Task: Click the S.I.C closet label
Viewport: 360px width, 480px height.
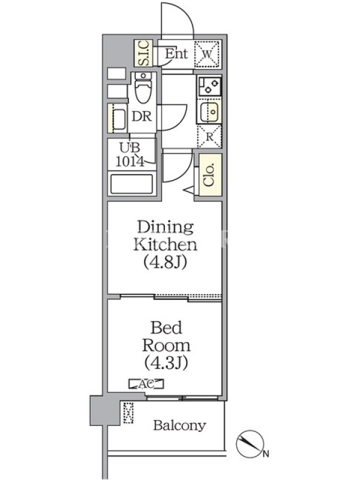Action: click(x=143, y=53)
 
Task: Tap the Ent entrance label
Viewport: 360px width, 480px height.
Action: click(x=176, y=53)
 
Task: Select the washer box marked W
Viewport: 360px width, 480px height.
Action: click(x=208, y=54)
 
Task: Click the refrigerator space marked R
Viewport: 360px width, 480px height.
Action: click(x=209, y=137)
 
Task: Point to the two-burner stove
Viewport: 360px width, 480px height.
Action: click(x=209, y=86)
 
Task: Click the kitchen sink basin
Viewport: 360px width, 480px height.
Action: click(x=209, y=112)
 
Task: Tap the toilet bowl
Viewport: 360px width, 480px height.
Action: click(x=143, y=88)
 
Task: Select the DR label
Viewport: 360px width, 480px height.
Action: click(x=142, y=116)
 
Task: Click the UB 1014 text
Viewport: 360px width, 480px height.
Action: click(x=130, y=155)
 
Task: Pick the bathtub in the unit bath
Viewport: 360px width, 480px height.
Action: click(x=131, y=184)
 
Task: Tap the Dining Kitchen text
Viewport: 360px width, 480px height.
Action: click(x=166, y=235)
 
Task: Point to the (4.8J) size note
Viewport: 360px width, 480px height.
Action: click(x=166, y=262)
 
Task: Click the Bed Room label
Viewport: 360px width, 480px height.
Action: click(x=166, y=336)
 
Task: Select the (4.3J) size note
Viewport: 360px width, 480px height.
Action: click(x=166, y=363)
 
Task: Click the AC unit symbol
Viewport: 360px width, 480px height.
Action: click(x=146, y=384)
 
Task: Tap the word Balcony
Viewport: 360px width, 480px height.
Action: click(x=179, y=425)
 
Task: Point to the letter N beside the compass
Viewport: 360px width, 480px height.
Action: click(x=266, y=454)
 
